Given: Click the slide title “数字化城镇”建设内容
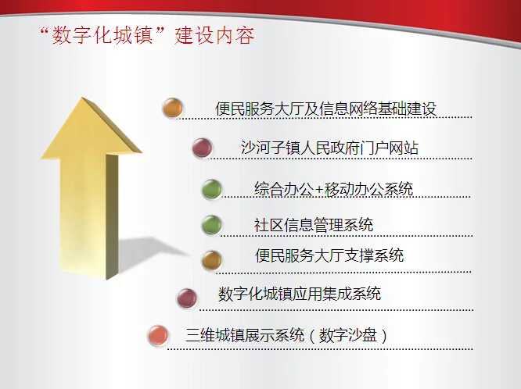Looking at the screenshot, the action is (x=148, y=35).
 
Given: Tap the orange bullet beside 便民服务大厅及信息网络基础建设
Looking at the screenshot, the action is (x=172, y=108).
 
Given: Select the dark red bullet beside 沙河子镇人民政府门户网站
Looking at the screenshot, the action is (x=202, y=148).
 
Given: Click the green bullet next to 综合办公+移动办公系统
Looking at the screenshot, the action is (x=211, y=189).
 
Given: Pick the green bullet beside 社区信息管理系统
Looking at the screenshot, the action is (x=211, y=225).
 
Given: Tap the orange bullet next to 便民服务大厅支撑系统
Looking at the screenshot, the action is (x=211, y=260).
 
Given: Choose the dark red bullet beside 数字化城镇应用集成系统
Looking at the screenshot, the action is (x=187, y=298).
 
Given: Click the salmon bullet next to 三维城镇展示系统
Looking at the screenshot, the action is (x=158, y=335).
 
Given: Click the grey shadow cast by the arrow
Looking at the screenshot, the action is (x=149, y=252).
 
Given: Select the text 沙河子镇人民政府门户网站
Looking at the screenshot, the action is (x=329, y=148).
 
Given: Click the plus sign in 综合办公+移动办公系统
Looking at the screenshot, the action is (x=319, y=190).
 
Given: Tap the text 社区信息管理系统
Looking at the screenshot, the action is (x=314, y=225).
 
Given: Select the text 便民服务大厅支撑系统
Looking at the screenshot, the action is (x=329, y=255).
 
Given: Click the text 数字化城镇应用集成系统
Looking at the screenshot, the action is (x=300, y=294).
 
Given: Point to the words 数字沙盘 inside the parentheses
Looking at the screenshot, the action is (x=348, y=335).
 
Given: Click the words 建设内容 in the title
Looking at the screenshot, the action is (x=214, y=35).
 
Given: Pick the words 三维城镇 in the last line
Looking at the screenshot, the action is (x=215, y=335).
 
